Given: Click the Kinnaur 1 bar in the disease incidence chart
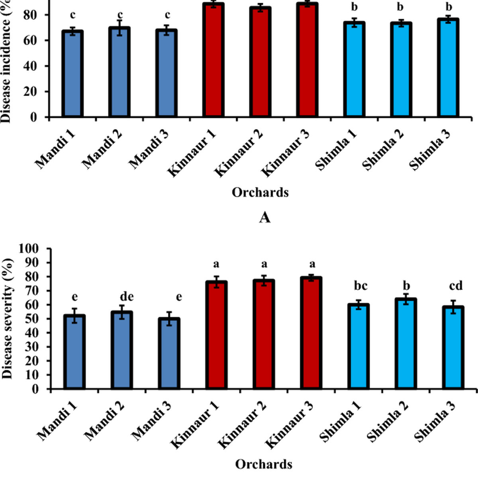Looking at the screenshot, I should pos(214,60).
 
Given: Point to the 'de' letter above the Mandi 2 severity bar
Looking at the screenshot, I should pos(127,297).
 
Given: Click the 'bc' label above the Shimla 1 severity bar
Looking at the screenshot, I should pos(360,286).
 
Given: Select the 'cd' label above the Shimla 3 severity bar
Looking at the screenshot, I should pos(456,286).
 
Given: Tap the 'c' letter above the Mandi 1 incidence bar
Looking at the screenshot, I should pos(73,15).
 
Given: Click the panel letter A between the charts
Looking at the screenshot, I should pos(264,217).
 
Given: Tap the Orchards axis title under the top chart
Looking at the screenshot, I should pos(260,192).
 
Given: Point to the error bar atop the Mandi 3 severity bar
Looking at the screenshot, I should pos(169,319).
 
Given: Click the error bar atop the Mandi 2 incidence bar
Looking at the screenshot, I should pos(119,28).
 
